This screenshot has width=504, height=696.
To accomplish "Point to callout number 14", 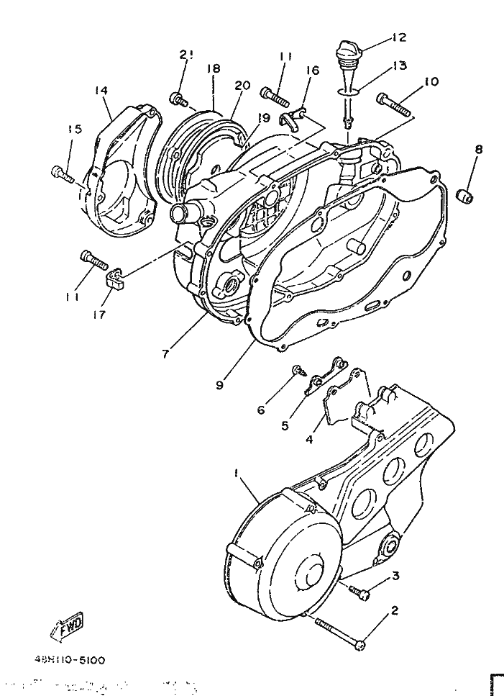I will pyautogui.click(x=101, y=91).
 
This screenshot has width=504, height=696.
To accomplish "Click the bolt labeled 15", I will pyautogui.click(x=63, y=173).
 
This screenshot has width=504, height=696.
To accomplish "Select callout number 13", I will pyautogui.click(x=400, y=66).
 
